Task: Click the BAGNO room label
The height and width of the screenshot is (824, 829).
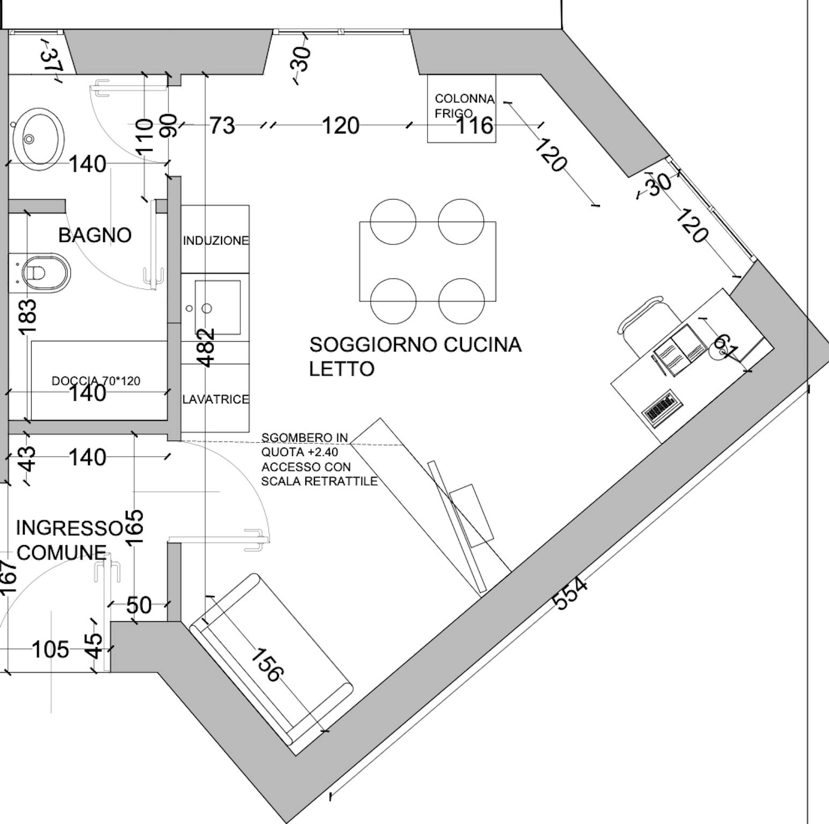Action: pos(95,235)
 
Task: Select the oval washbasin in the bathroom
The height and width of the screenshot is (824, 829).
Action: pos(38,138)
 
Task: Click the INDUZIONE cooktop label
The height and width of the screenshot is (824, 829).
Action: pos(216,240)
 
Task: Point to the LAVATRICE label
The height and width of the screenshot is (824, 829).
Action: pos(216,399)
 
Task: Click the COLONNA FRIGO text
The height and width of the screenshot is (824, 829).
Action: pos(464,106)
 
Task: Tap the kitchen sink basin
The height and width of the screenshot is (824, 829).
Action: pos(217,307)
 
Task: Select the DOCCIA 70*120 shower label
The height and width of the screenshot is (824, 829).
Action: pos(96,381)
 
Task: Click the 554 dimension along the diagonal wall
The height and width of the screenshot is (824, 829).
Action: pos(570,593)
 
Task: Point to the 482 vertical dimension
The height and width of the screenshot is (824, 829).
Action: pos(207,347)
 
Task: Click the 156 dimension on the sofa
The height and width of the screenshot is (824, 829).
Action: pos(266,665)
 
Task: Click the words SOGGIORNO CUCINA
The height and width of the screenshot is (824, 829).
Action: pos(415,344)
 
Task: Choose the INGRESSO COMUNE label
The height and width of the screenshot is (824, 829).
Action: pos(69,540)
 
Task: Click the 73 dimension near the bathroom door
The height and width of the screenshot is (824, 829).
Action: pos(222,125)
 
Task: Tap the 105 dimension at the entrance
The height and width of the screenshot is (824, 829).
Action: pos(51,649)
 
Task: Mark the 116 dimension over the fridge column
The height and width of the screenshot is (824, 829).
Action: pos(474,125)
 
